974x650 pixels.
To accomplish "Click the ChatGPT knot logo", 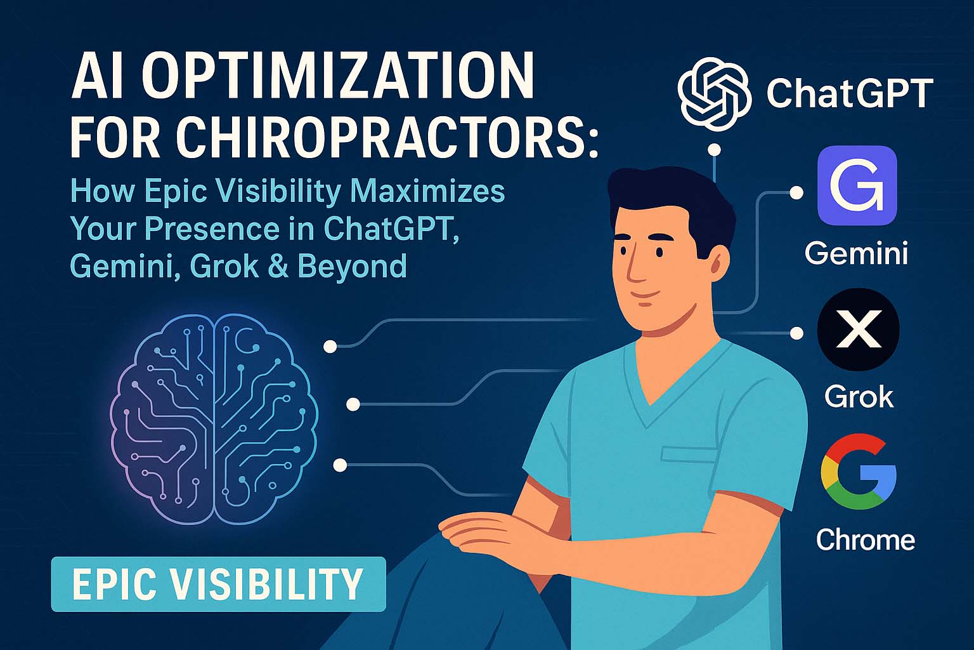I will (x=715, y=95).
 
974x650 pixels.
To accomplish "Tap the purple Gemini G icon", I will (x=857, y=185).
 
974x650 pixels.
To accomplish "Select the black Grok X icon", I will (x=857, y=329).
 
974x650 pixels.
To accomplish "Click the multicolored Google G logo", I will (x=858, y=472).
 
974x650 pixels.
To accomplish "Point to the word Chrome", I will (x=865, y=540).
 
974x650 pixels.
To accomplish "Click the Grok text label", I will (x=859, y=397).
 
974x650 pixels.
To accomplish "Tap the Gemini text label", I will (x=856, y=253).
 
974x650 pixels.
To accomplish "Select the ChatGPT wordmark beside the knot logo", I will (x=850, y=94).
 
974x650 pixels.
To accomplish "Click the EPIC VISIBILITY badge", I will (x=218, y=584).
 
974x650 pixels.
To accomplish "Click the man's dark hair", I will (x=672, y=197).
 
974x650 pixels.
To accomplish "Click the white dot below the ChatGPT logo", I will (x=715, y=150).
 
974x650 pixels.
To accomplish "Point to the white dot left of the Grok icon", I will (x=796, y=333).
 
